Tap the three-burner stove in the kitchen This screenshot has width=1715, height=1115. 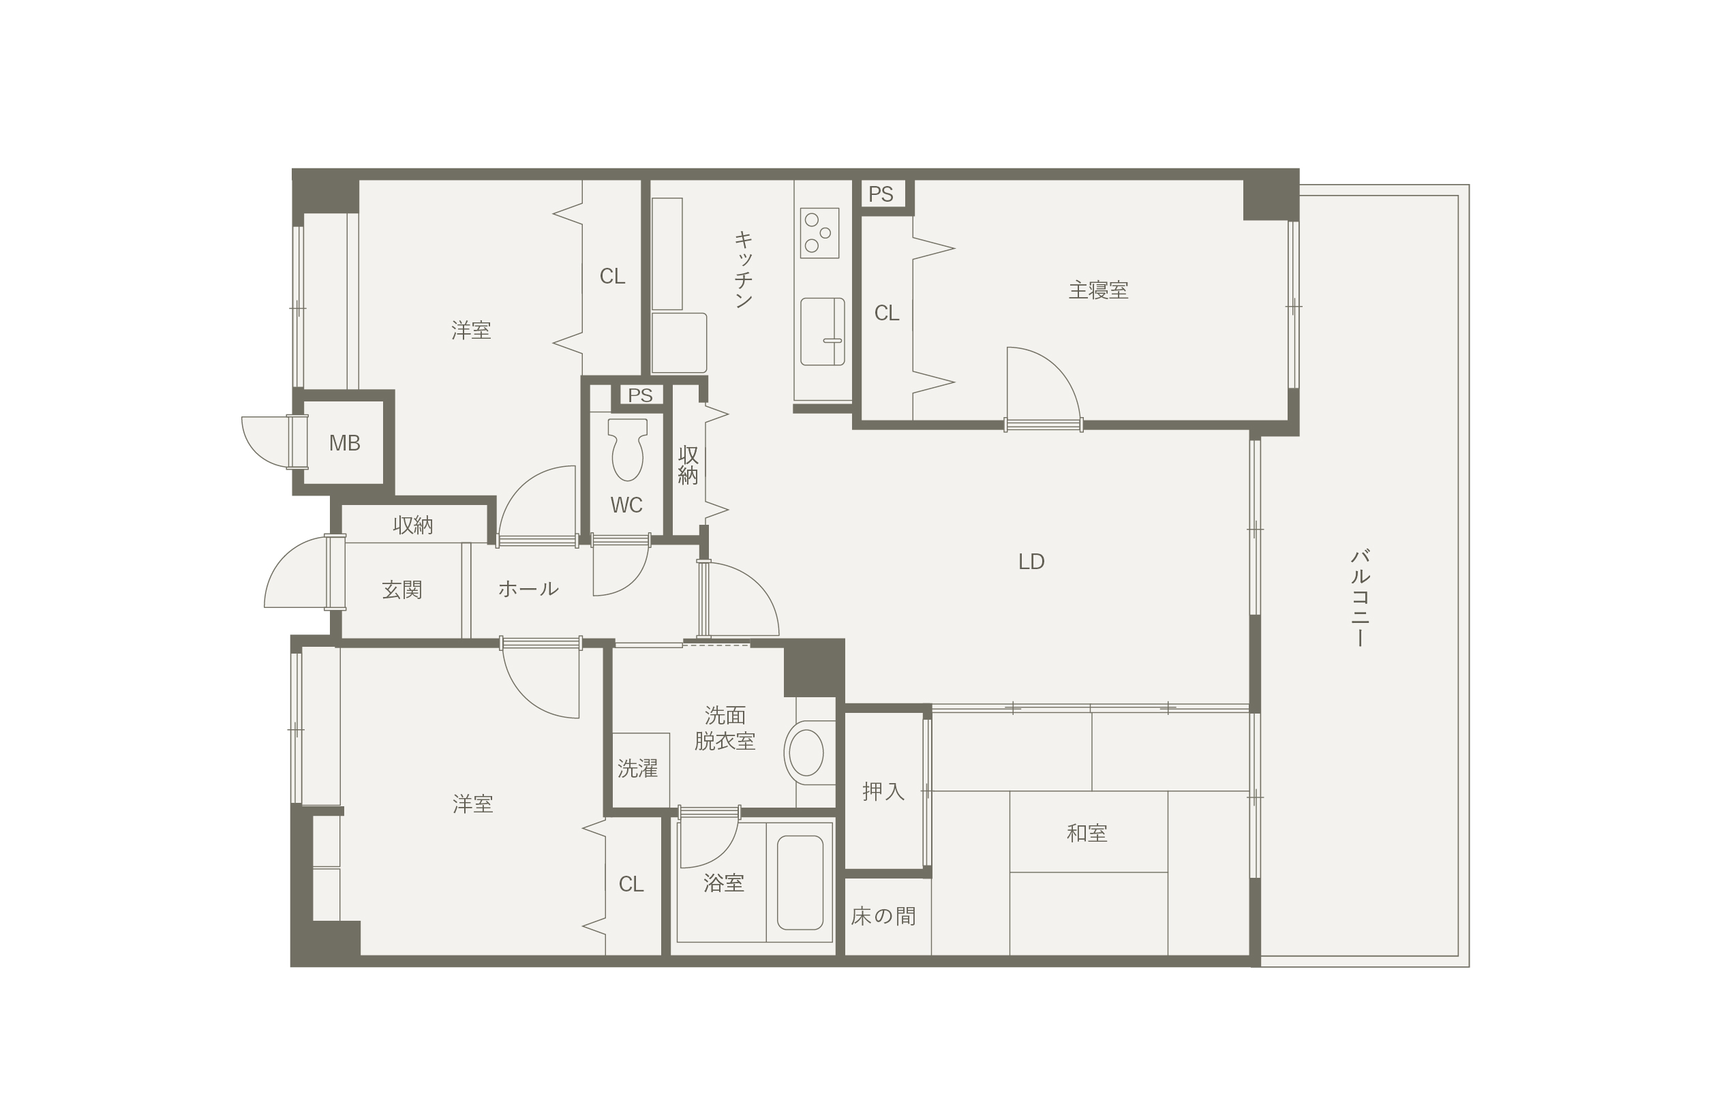[819, 232]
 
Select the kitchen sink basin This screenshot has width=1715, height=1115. [822, 331]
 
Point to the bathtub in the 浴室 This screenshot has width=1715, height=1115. [800, 883]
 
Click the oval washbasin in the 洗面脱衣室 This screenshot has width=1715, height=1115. [806, 752]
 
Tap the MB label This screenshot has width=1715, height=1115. [344, 444]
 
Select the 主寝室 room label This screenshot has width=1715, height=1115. [1098, 290]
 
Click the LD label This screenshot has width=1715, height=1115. [1031, 562]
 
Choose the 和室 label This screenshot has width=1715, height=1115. [1087, 834]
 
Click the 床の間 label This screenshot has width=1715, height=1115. [883, 916]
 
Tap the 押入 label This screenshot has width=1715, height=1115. [883, 791]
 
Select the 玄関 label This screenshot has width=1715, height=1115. [402, 590]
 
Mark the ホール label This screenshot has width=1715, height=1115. [528, 590]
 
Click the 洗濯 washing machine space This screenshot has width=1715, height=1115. [641, 770]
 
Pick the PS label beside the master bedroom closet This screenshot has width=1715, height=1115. [881, 194]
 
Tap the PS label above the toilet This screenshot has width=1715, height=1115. [640, 395]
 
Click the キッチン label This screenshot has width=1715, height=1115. [744, 269]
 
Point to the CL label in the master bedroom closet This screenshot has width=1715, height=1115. [886, 314]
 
